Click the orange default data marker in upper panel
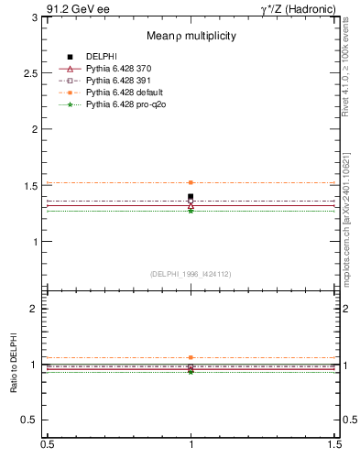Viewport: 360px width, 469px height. pos(191,182)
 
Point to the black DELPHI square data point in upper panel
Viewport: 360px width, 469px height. pos(191,197)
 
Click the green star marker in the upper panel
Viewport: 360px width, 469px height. pos(191,211)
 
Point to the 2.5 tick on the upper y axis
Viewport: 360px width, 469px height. pos(33,72)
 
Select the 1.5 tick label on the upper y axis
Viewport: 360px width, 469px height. pos(33,186)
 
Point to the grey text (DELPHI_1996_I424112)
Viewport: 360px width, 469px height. pos(191,274)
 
